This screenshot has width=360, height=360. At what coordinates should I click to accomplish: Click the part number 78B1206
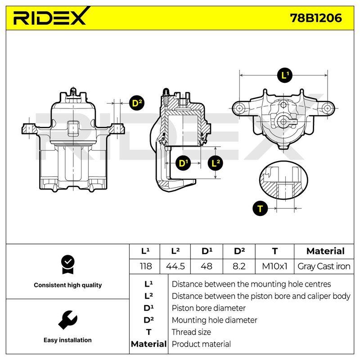pyautogui.click(x=316, y=18)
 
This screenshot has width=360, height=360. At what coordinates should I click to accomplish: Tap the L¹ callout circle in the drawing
pyautogui.click(x=285, y=75)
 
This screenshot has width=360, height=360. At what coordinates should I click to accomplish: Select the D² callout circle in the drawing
pyautogui.click(x=137, y=103)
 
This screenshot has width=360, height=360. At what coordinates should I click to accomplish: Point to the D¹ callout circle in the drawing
pyautogui.click(x=183, y=163)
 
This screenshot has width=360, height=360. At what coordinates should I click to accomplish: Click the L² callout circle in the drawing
pyautogui.click(x=215, y=163)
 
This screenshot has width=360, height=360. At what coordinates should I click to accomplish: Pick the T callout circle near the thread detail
pyautogui.click(x=260, y=208)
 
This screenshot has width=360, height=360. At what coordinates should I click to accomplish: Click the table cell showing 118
pyautogui.click(x=145, y=266)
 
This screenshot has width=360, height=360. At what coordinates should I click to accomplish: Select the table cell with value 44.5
pyautogui.click(x=175, y=266)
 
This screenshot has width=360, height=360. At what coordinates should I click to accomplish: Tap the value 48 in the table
pyautogui.click(x=207, y=266)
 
